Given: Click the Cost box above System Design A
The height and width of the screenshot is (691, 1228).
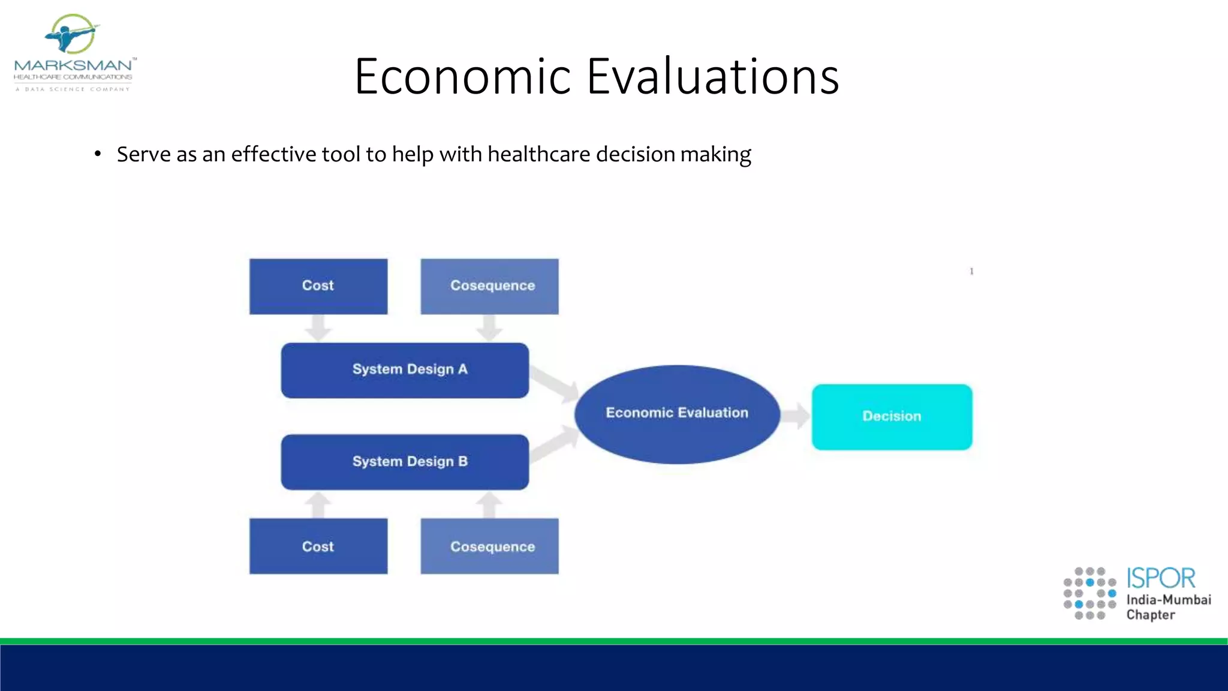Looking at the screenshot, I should [318, 286].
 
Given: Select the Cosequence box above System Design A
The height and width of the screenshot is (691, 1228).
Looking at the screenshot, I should [489, 286].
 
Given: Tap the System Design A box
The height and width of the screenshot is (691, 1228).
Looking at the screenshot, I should [405, 370].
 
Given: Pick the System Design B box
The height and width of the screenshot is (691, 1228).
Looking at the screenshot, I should [405, 462].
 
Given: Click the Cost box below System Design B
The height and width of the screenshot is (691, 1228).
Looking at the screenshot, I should [318, 546].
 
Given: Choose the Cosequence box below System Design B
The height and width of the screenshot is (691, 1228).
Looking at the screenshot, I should [489, 546].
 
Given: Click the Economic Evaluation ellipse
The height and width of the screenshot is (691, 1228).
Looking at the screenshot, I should [677, 414].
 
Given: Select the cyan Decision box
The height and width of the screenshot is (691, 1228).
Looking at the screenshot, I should [892, 417].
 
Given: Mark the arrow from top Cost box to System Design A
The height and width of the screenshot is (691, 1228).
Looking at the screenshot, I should [318, 328].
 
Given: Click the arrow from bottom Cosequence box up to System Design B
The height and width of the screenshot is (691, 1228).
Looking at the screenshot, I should [489, 504].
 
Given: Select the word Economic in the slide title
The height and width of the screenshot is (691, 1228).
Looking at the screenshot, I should [462, 76].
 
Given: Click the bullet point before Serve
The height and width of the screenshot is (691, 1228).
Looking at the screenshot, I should [98, 155].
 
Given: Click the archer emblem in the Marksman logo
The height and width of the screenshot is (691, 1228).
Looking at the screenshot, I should [72, 34].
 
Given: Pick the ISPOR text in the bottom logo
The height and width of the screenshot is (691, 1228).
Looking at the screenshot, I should [1161, 578].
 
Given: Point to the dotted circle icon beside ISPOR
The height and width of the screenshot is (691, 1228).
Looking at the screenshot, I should [1089, 593].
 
